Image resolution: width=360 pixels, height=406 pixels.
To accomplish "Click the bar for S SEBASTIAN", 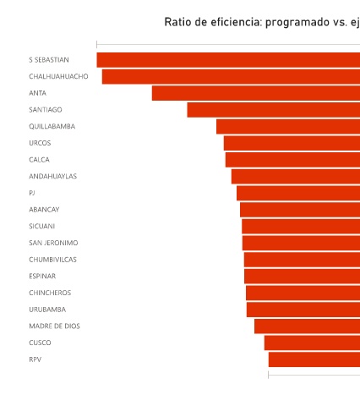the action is coord(228,60).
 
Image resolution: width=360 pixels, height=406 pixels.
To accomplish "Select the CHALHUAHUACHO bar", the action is coord(231,76).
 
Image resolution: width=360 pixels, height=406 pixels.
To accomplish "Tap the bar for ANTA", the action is coord(256,93).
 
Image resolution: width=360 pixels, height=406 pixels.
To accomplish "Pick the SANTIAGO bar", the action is coord(274,110).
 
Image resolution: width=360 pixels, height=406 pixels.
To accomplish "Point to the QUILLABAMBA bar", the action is coord(288,126).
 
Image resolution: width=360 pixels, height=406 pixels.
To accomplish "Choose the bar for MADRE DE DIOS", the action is coord(308,326).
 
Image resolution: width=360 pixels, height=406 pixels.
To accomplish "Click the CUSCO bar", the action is coord(312,343).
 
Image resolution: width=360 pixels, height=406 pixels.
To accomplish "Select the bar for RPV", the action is coord(314,359).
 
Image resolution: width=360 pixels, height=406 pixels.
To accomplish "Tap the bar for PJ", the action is coord(298,193).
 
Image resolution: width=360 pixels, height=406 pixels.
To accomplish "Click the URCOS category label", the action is coord(40,143).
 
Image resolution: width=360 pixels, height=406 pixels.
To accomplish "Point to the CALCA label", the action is coord(39,160).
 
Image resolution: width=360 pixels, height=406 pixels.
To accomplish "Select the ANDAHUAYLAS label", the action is coord(52,176).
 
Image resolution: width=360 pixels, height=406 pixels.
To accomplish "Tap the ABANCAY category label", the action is coord(44,210).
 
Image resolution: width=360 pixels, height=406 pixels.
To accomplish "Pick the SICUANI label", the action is coord(42,226).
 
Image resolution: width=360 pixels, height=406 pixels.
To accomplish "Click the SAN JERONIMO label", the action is coord(53,243).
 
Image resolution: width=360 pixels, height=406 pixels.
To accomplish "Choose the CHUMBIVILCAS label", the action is coord(52,260).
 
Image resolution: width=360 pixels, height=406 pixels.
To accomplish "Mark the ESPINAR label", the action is coord(42,276).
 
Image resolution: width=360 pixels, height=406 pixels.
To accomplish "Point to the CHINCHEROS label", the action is coord(50,293).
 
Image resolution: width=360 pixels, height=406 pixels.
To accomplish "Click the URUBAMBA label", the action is coord(47,310).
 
